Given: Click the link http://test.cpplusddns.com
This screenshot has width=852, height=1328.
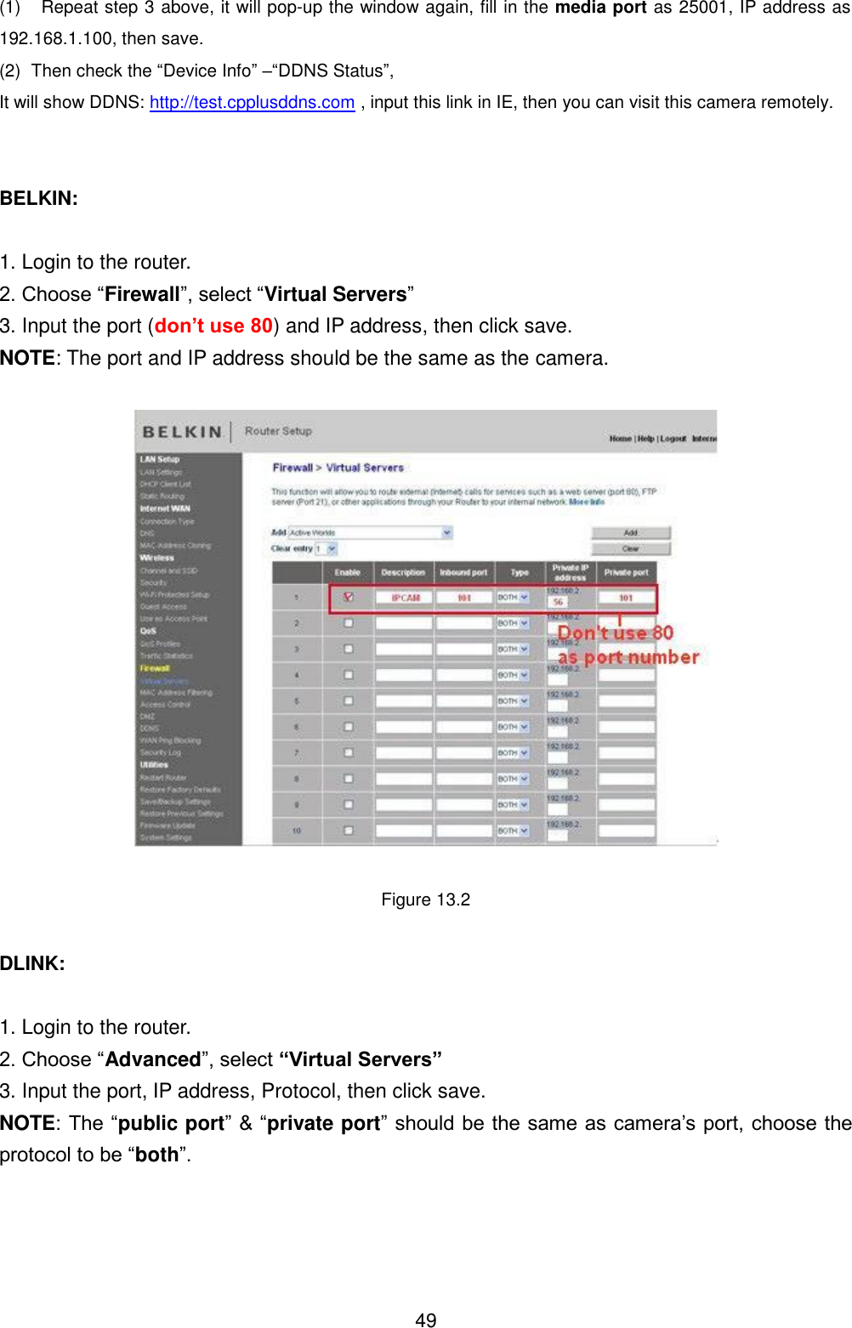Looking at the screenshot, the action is [x=252, y=102].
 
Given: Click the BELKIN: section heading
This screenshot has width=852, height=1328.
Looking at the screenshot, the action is [x=39, y=198].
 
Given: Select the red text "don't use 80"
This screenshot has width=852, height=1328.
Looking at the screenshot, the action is [x=213, y=326].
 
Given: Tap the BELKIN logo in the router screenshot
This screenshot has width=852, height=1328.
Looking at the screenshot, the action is [x=182, y=432].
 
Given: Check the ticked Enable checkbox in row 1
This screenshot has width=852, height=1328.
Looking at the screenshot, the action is [x=349, y=597].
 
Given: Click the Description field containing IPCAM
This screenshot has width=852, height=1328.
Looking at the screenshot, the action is [x=405, y=598].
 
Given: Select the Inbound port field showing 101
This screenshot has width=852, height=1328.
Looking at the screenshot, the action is [x=463, y=598].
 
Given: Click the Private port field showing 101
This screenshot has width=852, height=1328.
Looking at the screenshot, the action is [x=626, y=598].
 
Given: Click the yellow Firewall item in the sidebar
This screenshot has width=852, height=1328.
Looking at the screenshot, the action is [x=155, y=668].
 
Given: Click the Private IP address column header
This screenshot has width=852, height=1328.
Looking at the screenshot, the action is [x=570, y=572].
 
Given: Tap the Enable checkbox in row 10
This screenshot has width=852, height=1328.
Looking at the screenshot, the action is [x=349, y=830].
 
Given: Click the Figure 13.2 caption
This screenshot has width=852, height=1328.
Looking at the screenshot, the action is [x=425, y=900].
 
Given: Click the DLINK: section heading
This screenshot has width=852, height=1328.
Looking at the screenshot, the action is [x=32, y=963].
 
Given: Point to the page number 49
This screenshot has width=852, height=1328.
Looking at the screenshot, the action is [x=425, y=1319].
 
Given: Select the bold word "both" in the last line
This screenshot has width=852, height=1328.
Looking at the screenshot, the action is [x=156, y=1155].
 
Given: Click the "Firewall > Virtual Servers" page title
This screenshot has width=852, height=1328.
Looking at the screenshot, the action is [x=338, y=468].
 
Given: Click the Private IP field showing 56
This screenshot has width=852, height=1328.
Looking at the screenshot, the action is [x=558, y=601].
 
